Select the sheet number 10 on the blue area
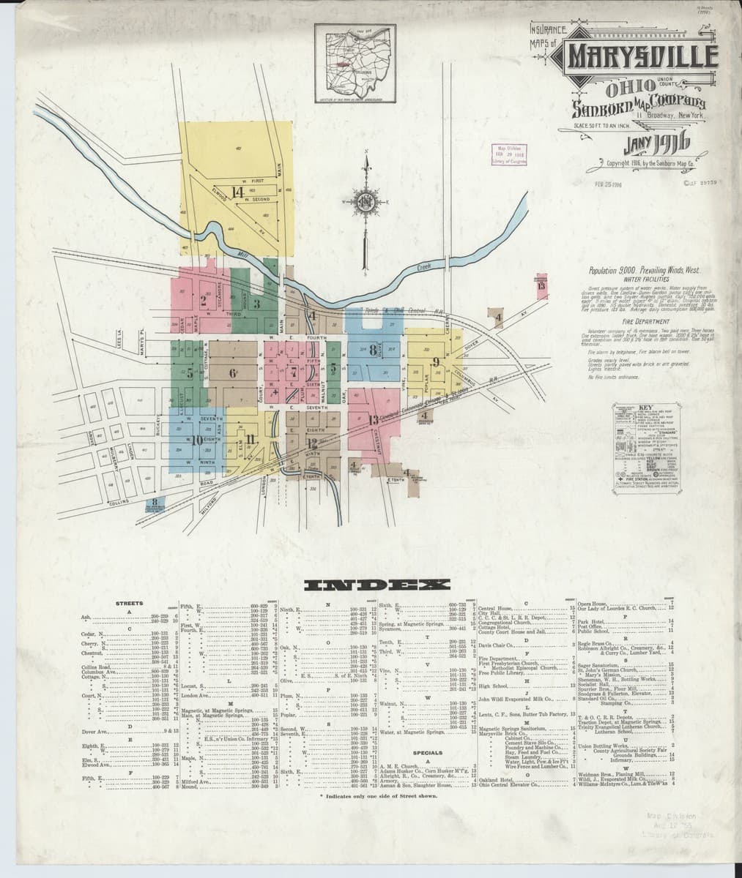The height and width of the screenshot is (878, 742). [196, 440]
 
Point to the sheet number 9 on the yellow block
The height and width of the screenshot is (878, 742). [435, 361]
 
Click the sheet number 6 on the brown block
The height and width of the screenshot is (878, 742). [233, 373]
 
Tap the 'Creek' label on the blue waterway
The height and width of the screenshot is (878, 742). [423, 269]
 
